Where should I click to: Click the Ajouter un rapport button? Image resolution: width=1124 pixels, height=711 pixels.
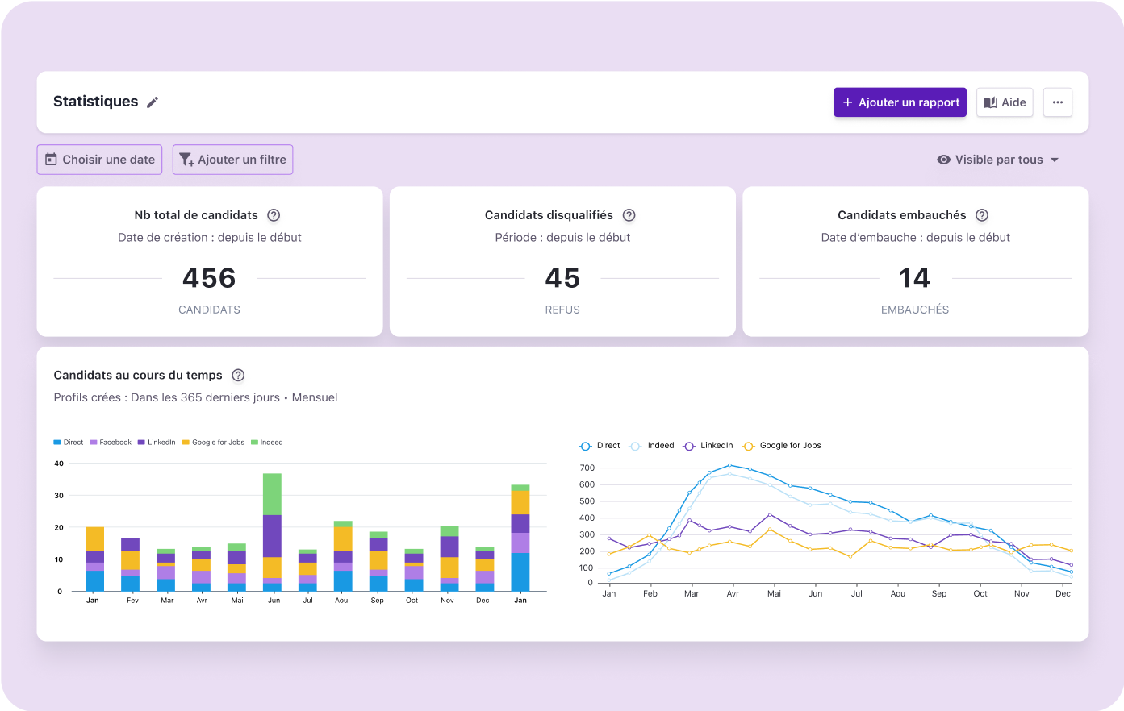900,102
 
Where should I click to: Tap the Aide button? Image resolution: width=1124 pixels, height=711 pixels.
1005,102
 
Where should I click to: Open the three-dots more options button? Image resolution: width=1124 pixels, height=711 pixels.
1057,102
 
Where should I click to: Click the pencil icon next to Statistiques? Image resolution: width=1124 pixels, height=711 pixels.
153,102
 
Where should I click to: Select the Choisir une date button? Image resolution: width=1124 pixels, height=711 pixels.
99,160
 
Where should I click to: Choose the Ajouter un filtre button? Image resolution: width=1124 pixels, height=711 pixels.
232,160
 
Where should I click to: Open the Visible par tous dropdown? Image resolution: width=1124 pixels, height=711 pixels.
998,160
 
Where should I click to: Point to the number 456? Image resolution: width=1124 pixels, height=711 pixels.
209,278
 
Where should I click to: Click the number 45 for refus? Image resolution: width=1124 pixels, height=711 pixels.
562,278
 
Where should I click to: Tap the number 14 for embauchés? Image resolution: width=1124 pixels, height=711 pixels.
915,278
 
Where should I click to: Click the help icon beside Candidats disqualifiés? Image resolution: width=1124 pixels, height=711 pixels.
629,215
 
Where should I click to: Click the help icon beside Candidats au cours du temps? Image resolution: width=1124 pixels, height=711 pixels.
238,375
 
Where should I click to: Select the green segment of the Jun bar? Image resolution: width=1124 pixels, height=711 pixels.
272,493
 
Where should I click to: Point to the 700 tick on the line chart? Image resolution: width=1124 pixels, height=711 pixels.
587,468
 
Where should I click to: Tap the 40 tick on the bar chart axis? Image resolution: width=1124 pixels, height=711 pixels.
59,464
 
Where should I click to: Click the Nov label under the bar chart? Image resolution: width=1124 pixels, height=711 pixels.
447,601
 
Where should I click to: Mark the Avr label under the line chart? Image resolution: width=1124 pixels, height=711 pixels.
733,594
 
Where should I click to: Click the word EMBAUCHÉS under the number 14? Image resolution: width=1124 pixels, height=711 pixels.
915,310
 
